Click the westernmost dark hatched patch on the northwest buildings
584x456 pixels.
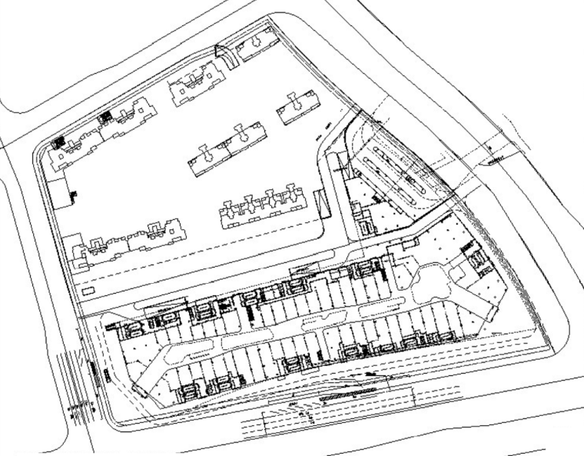[58, 142]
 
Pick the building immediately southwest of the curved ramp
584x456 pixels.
[194, 85]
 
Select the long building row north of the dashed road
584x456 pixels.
[265, 205]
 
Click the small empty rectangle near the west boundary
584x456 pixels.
[87, 293]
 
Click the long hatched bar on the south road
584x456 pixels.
[350, 394]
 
